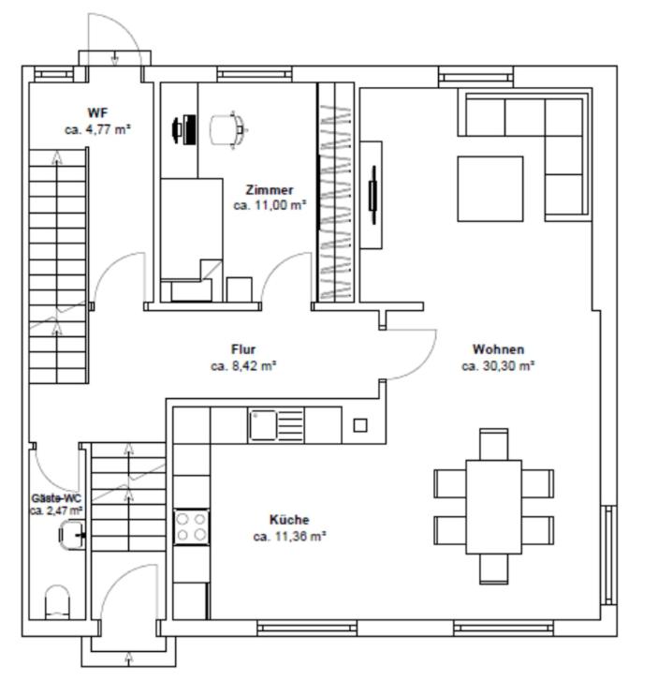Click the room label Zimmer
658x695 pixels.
(x=270, y=190)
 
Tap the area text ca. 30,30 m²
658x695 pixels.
(x=498, y=366)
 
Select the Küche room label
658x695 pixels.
(x=289, y=519)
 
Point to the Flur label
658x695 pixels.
(x=243, y=349)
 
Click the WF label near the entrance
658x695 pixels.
(x=97, y=112)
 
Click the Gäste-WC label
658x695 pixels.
(x=56, y=498)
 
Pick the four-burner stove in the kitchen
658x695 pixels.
(x=191, y=527)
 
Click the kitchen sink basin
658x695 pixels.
(x=263, y=425)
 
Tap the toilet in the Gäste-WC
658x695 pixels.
(x=58, y=602)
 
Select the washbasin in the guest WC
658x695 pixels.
(x=71, y=535)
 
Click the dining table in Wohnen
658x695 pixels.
(x=493, y=507)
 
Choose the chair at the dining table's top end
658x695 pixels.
(x=493, y=444)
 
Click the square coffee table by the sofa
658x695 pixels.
(x=490, y=188)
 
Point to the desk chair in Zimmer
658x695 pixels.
(x=227, y=130)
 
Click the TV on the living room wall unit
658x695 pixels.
(x=373, y=195)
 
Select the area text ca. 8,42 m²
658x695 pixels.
(x=243, y=366)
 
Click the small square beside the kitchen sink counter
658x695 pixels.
(x=360, y=425)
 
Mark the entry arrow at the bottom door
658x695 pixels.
(x=129, y=658)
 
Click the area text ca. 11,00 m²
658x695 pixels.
(x=270, y=206)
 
